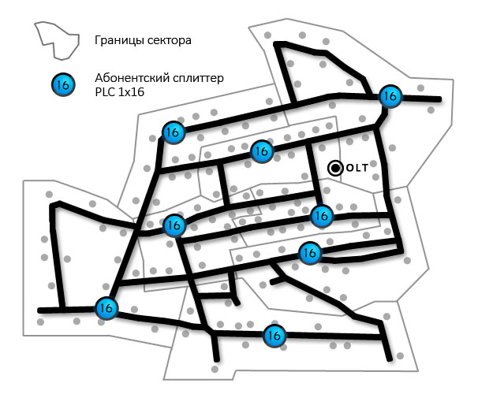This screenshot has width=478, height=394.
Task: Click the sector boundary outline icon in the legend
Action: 58,39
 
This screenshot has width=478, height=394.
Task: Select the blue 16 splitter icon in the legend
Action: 64,84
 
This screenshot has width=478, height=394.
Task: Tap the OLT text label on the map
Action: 357,168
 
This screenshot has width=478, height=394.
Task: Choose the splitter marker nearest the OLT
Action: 320,214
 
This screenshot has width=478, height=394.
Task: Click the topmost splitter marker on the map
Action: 389,96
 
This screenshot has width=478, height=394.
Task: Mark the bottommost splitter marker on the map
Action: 274,334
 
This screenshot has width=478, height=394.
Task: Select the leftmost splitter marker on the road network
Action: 105,308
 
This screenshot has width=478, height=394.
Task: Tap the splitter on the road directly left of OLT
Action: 262,151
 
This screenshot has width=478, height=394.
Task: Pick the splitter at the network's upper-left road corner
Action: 172,132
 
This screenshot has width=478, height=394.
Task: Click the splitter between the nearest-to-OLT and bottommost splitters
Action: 309,253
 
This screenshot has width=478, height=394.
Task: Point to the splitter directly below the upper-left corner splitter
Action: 173,225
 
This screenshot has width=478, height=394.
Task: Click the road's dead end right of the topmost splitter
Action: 439,99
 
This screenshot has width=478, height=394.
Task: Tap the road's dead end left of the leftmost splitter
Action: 39,310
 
